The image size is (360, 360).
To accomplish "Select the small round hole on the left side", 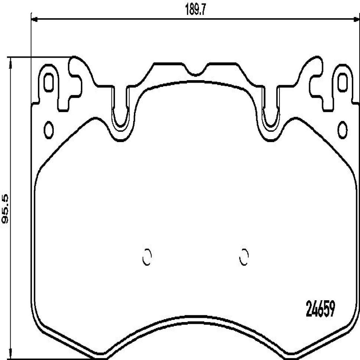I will tap(49, 130).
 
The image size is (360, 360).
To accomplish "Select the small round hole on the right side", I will tap(342, 130).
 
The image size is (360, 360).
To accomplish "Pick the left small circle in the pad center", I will tap(147, 258).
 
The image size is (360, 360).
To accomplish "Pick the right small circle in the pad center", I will tap(244, 258).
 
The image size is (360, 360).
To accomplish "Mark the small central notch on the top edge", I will tap(195, 72).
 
